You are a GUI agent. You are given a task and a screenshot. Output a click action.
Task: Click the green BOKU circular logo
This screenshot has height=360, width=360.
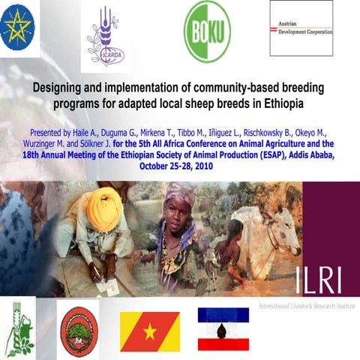(207, 30)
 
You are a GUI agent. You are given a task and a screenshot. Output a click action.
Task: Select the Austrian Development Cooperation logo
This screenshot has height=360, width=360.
(301, 28)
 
